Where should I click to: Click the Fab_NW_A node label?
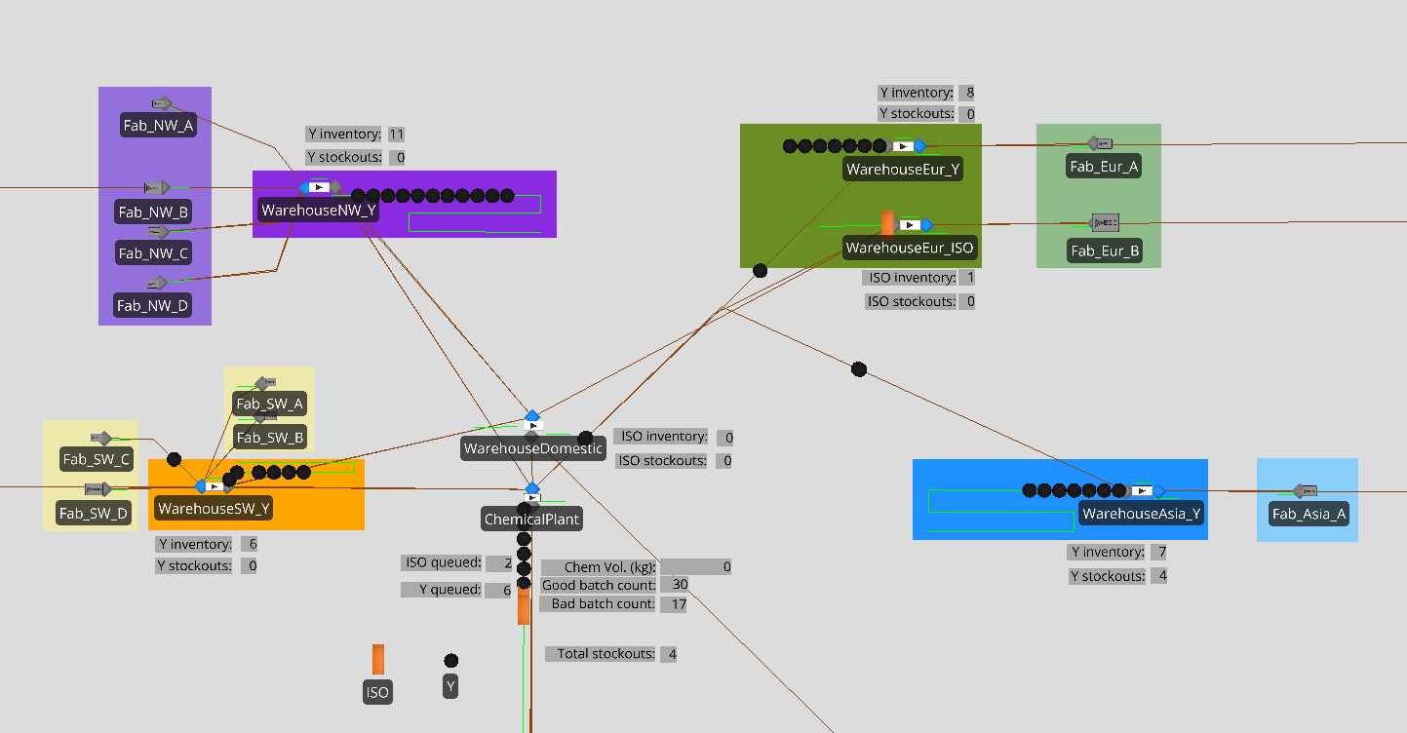click(x=158, y=125)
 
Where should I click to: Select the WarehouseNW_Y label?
click(x=318, y=210)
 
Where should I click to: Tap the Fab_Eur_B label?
click(x=1105, y=251)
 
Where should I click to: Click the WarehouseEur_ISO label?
click(x=909, y=248)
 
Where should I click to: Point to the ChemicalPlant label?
click(x=532, y=520)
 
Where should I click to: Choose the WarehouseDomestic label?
click(x=533, y=448)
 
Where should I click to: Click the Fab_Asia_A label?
click(x=1308, y=513)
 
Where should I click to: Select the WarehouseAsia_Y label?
click(x=1142, y=513)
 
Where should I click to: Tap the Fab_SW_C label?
click(x=96, y=459)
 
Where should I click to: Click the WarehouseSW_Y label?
click(x=215, y=508)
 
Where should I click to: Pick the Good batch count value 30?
click(x=680, y=585)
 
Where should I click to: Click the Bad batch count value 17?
click(x=679, y=604)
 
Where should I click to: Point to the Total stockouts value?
click(x=672, y=654)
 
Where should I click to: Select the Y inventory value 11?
click(x=396, y=135)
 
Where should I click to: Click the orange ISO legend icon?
click(x=377, y=660)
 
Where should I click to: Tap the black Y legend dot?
click(x=451, y=661)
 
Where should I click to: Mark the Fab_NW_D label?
click(x=153, y=305)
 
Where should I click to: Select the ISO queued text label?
click(x=444, y=562)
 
